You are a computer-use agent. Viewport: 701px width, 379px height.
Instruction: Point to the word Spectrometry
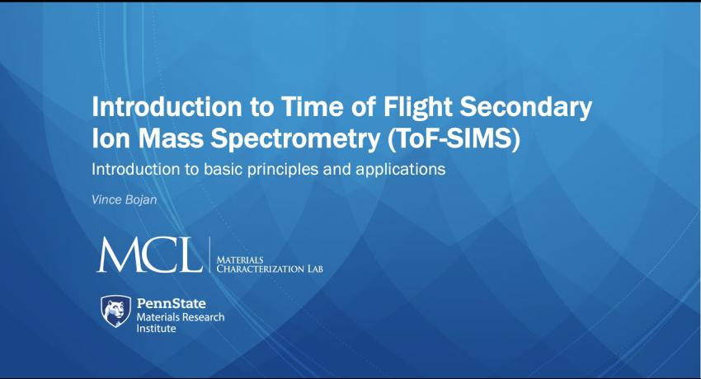(295, 140)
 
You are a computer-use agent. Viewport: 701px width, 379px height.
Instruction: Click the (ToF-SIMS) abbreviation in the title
(454, 140)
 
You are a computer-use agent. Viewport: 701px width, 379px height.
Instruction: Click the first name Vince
(106, 199)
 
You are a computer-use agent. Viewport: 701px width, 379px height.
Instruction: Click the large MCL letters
(150, 255)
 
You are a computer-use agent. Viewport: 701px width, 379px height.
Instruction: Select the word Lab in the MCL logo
(315, 269)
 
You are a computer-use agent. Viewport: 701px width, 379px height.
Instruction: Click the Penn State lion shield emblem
(115, 311)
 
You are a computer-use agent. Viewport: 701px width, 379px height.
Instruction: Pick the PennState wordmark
(172, 303)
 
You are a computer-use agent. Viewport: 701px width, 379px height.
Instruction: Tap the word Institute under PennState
(156, 329)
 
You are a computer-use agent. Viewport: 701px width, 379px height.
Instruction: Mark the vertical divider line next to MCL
(209, 255)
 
